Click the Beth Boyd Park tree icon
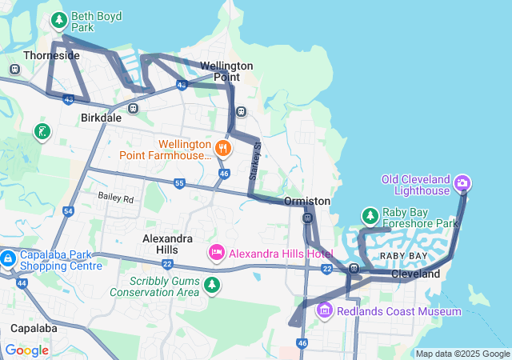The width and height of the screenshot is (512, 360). click(58, 20)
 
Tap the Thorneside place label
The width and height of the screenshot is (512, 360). click(52, 55)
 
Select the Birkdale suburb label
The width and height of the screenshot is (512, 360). click(102, 117)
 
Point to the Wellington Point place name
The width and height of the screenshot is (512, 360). click(226, 71)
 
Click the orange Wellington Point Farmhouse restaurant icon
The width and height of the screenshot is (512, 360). click(224, 147)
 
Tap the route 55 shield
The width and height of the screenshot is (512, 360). click(179, 184)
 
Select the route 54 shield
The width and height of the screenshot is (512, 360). click(68, 211)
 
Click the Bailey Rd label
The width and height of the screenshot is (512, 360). click(116, 197)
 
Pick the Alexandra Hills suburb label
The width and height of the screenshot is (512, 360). click(167, 244)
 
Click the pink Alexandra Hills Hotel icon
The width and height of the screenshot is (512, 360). click(216, 254)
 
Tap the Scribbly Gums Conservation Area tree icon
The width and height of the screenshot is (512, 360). click(211, 285)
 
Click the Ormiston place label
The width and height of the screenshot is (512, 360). click(307, 201)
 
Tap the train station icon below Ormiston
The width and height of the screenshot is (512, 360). click(307, 218)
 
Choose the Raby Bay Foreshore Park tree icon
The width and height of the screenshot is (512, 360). click(370, 216)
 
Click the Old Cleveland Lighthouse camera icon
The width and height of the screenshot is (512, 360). click(462, 185)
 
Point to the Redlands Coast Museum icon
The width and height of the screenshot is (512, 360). click(325, 310)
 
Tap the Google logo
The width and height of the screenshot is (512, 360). click(26, 350)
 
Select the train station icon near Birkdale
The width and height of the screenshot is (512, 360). click(133, 108)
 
